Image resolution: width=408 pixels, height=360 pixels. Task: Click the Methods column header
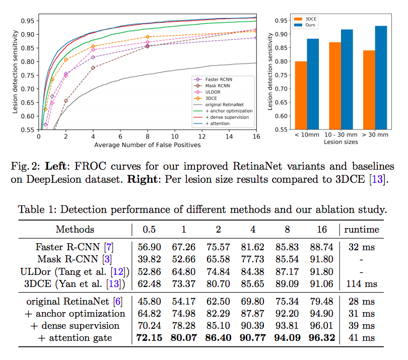click(x=75, y=229)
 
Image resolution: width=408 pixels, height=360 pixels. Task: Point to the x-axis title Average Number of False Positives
click(x=147, y=145)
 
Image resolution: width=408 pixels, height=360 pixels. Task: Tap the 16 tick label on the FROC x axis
click(x=256, y=136)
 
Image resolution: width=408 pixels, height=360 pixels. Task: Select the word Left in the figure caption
click(x=57, y=167)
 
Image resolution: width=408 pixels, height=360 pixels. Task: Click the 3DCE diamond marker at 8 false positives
click(x=147, y=37)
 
